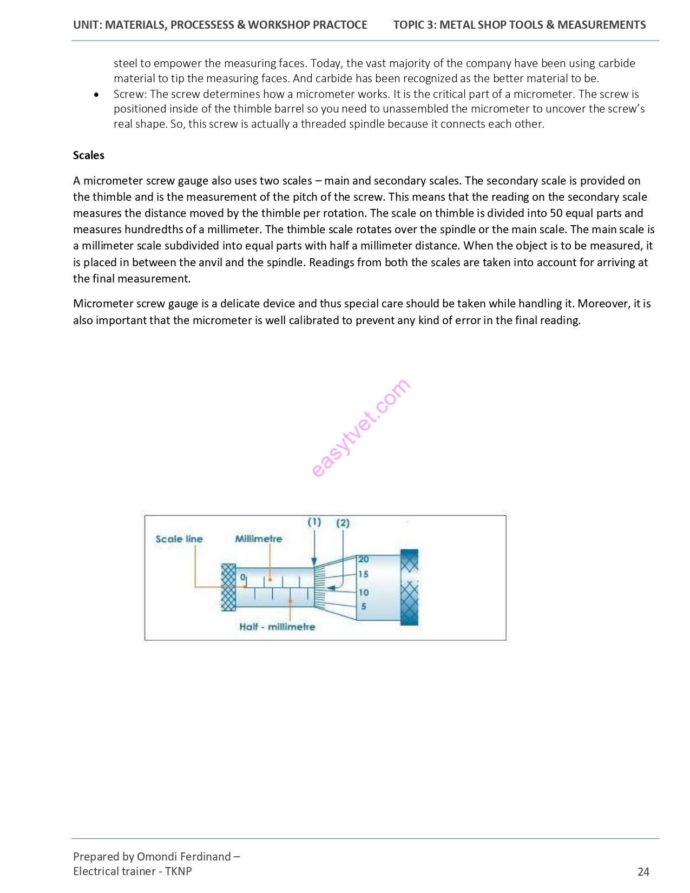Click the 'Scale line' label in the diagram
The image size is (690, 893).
[x=179, y=539]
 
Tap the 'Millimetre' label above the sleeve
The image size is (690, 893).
[x=258, y=539]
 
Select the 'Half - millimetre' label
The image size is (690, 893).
[x=277, y=627]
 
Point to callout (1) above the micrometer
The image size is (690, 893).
[x=314, y=522]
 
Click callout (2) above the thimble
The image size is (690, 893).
[x=343, y=523]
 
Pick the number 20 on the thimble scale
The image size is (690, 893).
[x=364, y=560]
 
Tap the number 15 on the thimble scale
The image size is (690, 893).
[x=363, y=574]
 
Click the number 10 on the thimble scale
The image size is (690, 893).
[x=364, y=593]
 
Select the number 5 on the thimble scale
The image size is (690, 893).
[x=364, y=607]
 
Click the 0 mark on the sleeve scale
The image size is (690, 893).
[x=242, y=577]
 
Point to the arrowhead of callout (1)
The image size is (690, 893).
[x=314, y=562]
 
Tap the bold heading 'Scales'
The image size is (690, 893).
[x=89, y=155]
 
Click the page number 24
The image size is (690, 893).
[x=643, y=871]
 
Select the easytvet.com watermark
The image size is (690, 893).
[x=360, y=428]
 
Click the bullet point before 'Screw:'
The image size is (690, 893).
[x=96, y=95]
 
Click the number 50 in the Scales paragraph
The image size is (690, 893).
[x=556, y=213]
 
